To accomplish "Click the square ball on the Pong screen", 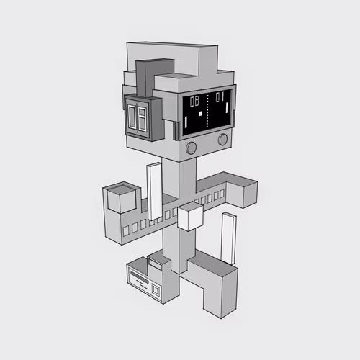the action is (x=200, y=114).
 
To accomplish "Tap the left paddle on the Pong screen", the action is (x=186, y=122).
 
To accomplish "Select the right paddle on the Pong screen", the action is (x=227, y=107).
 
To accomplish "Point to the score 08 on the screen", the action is (x=194, y=102).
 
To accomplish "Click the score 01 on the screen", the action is (x=220, y=96).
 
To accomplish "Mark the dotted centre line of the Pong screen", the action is (x=207, y=111).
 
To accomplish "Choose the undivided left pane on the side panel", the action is (x=132, y=116).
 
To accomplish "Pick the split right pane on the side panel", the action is (x=143, y=119).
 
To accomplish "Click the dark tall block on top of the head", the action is (x=155, y=77).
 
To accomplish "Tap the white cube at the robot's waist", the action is (x=190, y=217).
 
